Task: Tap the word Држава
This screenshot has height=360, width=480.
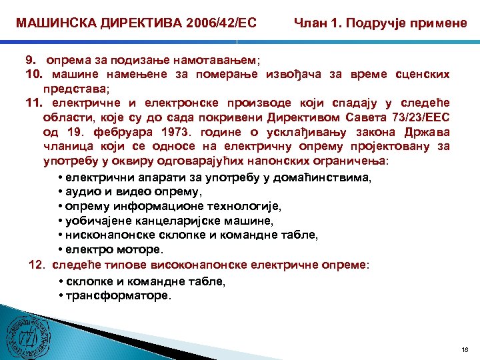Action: point(426,131)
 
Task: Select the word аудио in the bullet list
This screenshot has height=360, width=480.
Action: point(81,192)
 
